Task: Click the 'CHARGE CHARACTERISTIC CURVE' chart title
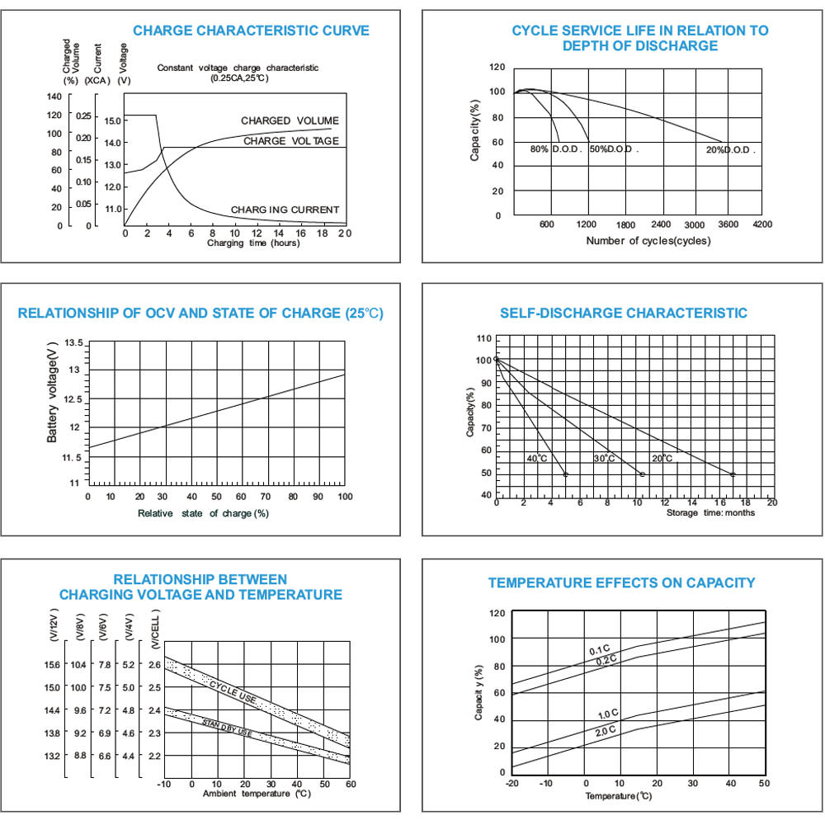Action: pos(251,31)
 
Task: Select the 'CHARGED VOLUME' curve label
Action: pos(290,121)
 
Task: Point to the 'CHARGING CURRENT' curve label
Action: pos(285,210)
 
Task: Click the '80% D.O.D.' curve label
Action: pos(556,150)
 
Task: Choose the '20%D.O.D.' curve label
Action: pos(730,150)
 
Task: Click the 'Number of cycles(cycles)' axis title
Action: pos(648,241)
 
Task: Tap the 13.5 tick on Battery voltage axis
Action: pos(73,342)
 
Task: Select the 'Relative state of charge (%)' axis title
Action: pos(203,513)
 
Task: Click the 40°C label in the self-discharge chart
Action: pos(537,458)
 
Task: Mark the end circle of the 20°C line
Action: pos(733,474)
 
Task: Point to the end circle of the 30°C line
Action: pos(642,474)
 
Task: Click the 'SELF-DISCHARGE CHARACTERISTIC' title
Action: pos(624,313)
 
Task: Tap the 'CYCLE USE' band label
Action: pos(232,691)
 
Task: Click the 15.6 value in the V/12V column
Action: pos(51,664)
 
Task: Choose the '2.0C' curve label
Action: pos(605,731)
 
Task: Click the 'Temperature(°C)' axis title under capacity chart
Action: pos(619,796)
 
